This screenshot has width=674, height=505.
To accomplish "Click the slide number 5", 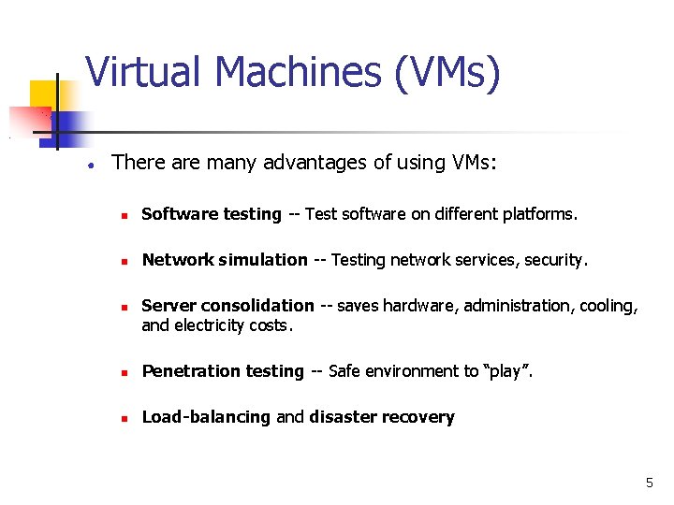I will click(649, 483).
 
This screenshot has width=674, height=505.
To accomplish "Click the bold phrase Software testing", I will click(211, 214).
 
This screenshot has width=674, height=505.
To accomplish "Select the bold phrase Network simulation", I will click(224, 260).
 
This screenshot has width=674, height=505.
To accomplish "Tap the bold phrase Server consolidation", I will click(227, 306).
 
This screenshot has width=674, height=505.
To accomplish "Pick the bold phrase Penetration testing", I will click(223, 371).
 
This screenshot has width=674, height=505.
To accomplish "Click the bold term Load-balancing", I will click(206, 417).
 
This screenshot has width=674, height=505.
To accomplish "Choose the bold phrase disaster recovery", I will click(382, 417).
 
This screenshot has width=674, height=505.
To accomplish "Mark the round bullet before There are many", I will click(87, 164).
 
